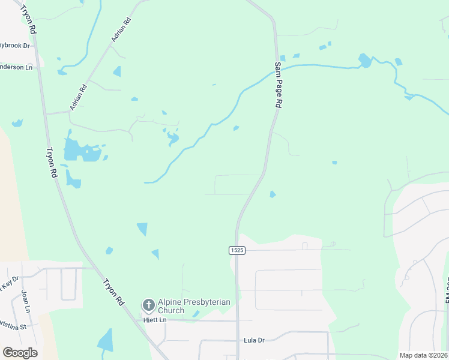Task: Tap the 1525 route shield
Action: pyautogui.click(x=237, y=250)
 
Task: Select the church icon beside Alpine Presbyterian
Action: pyautogui.click(x=148, y=306)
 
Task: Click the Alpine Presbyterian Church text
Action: pyautogui.click(x=185, y=306)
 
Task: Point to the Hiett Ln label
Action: pyautogui.click(x=155, y=320)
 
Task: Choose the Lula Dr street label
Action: pyautogui.click(x=254, y=340)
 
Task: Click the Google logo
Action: pyautogui.click(x=20, y=353)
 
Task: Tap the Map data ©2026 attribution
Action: pyautogui.click(x=423, y=355)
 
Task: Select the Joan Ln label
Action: pyautogui.click(x=25, y=298)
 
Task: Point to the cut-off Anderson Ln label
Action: pyautogui.click(x=16, y=67)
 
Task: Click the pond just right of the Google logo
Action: pyautogui.click(x=106, y=341)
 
